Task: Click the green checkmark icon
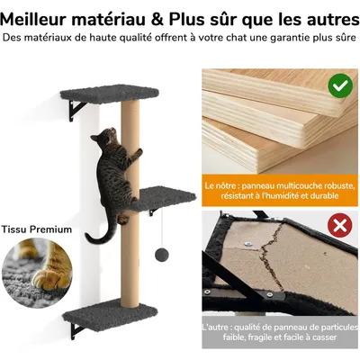340,87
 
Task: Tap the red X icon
339,225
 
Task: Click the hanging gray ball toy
162,255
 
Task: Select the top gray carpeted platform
110,94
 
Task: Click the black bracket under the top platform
76,110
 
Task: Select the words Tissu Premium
37,229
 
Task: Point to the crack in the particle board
272,254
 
